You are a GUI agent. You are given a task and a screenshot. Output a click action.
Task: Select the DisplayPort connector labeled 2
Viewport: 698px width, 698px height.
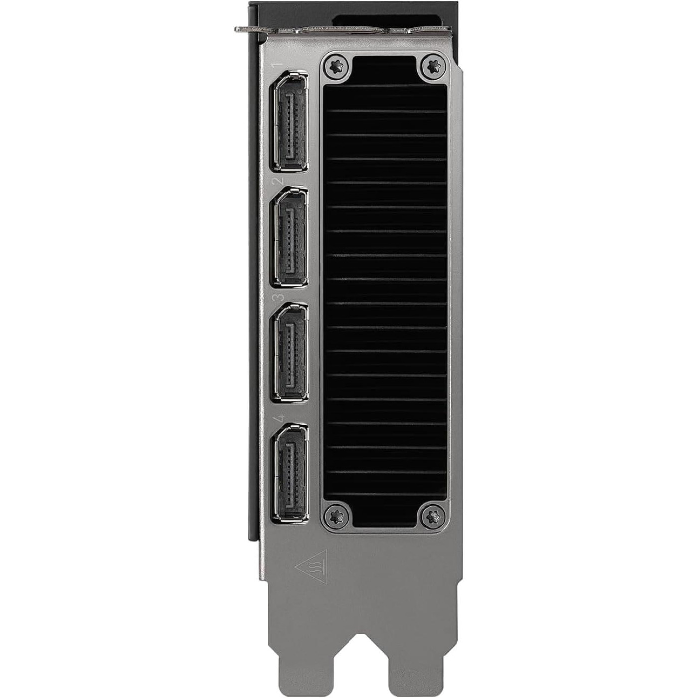point(290,237)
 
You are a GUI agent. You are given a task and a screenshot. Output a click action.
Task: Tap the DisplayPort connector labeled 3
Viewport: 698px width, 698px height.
point(290,353)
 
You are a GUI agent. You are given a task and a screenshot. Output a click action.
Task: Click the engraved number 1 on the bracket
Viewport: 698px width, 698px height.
point(278,65)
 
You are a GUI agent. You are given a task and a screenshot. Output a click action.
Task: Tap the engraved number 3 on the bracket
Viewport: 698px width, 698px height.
point(278,298)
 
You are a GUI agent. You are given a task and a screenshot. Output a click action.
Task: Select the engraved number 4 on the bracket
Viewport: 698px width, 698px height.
point(278,417)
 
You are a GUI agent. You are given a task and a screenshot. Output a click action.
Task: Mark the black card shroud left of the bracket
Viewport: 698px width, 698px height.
point(253,299)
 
